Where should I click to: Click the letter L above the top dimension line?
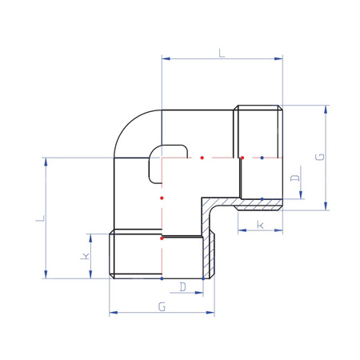tap(222, 53)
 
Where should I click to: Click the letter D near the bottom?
tap(183, 286)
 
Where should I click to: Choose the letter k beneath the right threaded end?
tap(261, 226)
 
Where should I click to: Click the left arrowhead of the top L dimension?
tap(165, 58)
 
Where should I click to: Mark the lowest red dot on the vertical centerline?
tap(162, 238)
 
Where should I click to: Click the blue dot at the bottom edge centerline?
tap(162, 279)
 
